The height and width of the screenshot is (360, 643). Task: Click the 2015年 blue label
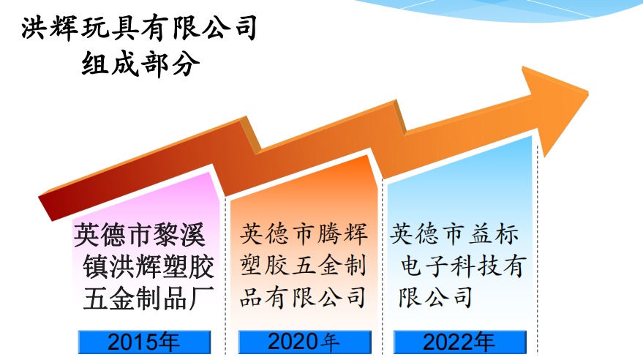point(144,342)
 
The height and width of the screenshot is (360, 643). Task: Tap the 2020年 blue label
point(305,342)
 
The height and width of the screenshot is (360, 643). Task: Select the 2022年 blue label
point(459,342)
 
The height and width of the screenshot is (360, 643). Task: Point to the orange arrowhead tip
point(588,94)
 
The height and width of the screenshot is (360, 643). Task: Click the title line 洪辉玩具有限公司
point(139,28)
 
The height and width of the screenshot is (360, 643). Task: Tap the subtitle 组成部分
point(140,64)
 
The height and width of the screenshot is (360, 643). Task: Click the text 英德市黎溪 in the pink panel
point(140,235)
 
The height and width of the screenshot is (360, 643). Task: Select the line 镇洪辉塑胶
point(148,266)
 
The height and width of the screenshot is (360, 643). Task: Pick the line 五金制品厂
point(148,298)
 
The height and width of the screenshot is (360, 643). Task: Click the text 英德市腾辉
point(304,234)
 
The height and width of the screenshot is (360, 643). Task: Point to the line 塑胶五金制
point(303,266)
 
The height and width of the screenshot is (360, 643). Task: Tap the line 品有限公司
point(303,297)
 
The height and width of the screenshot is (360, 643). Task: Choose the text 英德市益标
point(454,234)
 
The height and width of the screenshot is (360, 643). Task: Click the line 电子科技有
point(462,266)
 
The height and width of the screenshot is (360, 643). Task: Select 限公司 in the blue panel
point(435,297)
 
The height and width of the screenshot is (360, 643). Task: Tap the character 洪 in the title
point(33,28)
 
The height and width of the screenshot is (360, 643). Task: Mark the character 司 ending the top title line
point(246,28)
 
